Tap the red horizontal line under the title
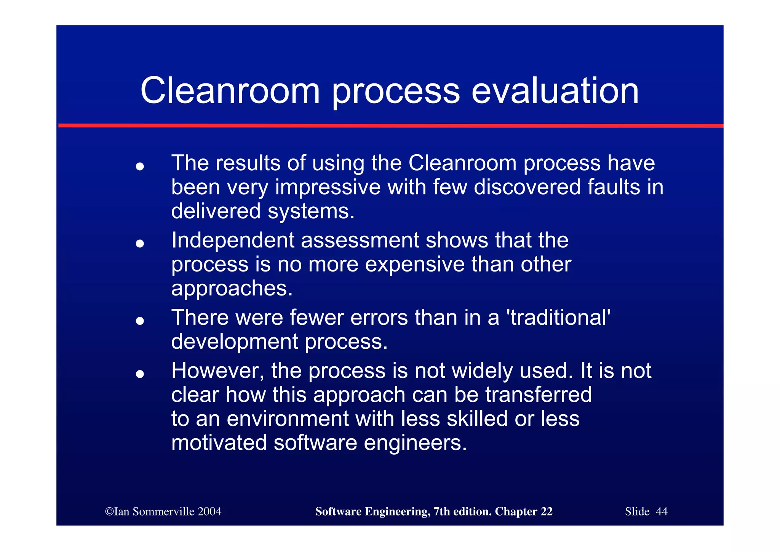coord(390,125)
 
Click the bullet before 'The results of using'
coord(140,166)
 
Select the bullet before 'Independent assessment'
coord(140,243)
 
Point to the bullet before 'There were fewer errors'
coord(140,321)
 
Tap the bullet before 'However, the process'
coord(140,374)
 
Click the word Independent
coord(233,241)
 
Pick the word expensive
coord(415,265)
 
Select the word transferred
coord(538,395)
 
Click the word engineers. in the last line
coord(415,443)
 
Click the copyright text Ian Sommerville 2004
coord(163,511)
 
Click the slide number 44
coord(662,511)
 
